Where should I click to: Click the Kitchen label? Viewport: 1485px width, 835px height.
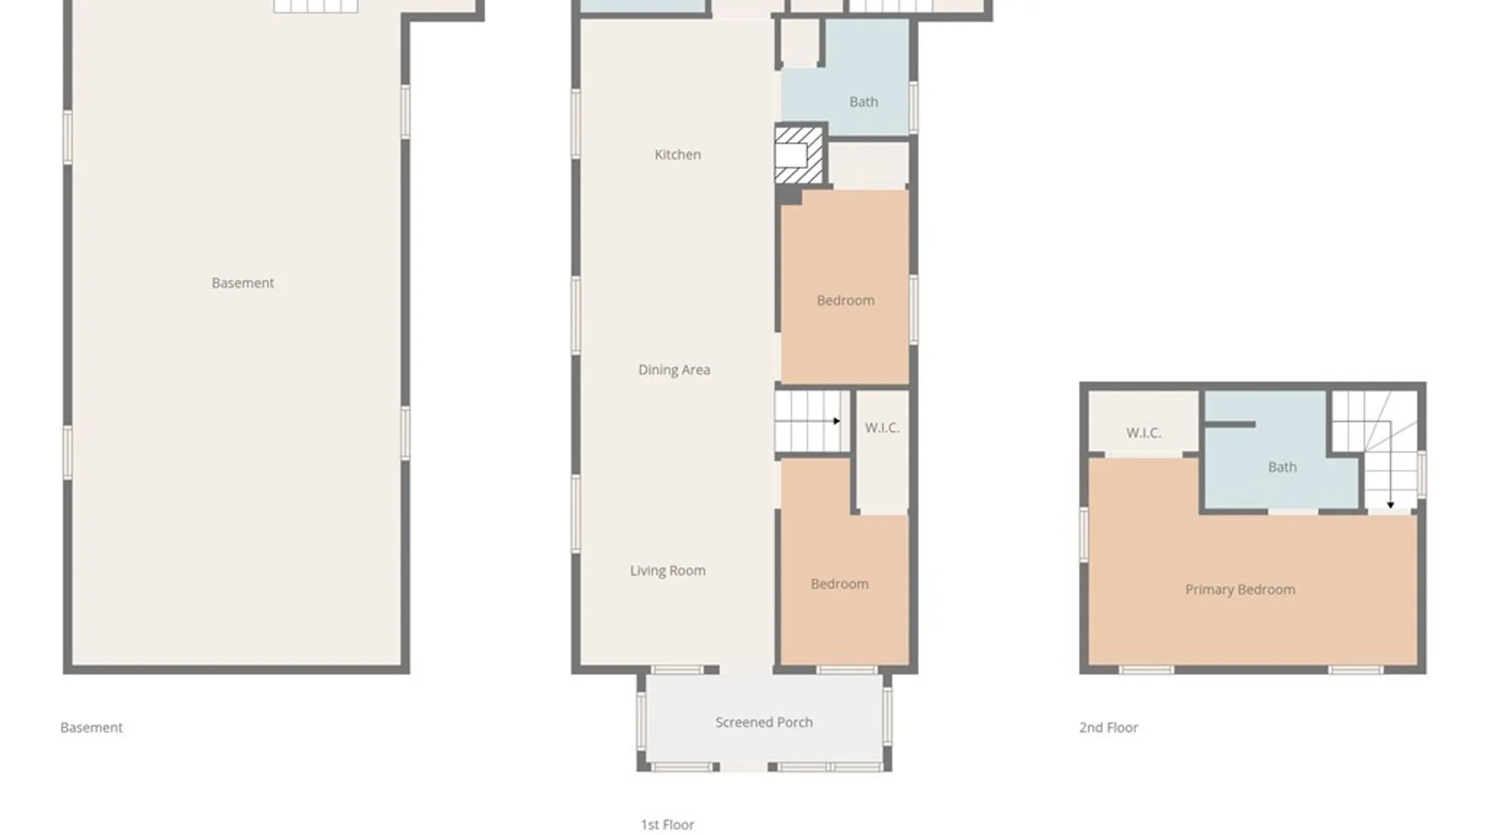(x=678, y=155)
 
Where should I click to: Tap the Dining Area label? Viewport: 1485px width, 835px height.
(x=674, y=370)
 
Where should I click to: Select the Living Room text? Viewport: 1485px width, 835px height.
(x=667, y=571)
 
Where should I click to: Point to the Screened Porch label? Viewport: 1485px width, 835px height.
(x=763, y=722)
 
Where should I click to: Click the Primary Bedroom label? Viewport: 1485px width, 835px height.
(x=1240, y=590)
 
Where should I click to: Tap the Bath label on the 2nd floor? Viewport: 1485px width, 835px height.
(x=1282, y=467)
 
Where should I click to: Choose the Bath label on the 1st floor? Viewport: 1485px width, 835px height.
(x=863, y=102)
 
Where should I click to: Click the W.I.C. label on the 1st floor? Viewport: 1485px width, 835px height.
(x=882, y=428)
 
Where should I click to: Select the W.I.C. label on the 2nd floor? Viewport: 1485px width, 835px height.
(x=1143, y=433)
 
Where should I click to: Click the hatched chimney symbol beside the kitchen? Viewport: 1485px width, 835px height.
(x=798, y=155)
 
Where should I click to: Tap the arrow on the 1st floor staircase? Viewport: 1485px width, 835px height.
(x=836, y=421)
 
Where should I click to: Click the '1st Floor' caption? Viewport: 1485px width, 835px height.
(x=667, y=825)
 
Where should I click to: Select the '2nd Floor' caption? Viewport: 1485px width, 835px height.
(x=1108, y=728)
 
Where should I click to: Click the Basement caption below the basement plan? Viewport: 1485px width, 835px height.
(x=91, y=728)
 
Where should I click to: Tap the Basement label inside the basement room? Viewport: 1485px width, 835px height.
(x=243, y=283)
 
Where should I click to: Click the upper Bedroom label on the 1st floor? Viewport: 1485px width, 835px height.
(x=845, y=301)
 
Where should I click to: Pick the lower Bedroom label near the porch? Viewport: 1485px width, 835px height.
(x=839, y=584)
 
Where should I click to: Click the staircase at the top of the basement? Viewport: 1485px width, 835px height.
(x=316, y=6)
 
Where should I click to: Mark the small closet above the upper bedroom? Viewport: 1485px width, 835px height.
(x=869, y=163)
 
